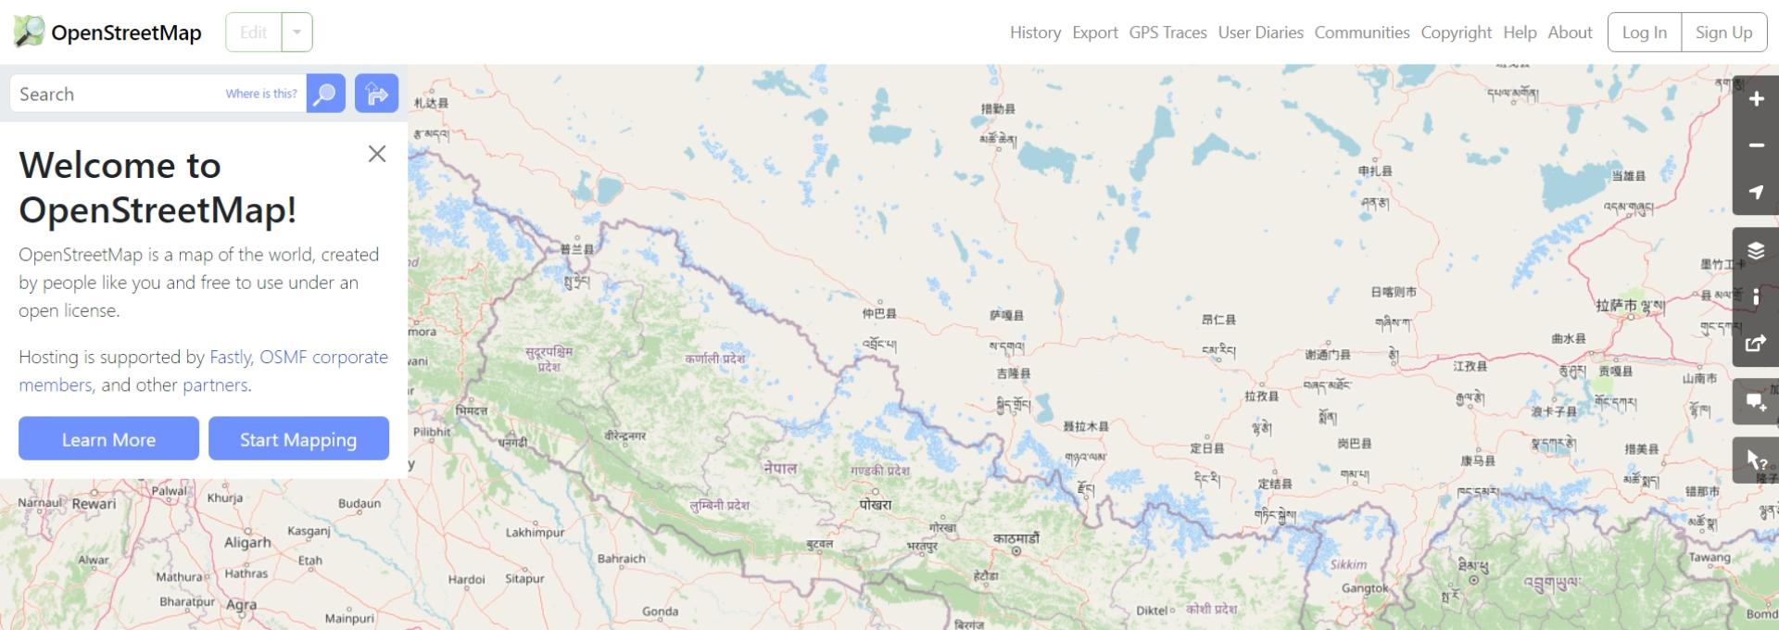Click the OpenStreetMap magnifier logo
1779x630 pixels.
coord(29,31)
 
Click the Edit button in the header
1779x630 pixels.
coord(253,32)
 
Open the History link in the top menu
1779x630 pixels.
coord(1035,32)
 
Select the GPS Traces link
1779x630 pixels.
coord(1167,32)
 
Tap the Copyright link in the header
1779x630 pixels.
coord(1456,32)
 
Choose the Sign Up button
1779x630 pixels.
coord(1723,32)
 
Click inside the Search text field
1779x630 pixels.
coord(116,94)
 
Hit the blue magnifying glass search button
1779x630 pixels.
coord(325,94)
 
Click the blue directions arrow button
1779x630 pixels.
coord(376,94)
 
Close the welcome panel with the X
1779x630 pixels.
coord(377,154)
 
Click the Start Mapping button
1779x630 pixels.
coord(298,439)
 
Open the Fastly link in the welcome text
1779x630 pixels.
coord(231,357)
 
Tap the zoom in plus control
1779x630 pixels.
coord(1756,99)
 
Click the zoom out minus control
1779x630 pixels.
coord(1756,145)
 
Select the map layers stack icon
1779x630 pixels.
coord(1756,251)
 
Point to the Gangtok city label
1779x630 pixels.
coord(1365,588)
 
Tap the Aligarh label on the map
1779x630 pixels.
coord(247,543)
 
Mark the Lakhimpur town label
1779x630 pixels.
coord(535,533)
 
